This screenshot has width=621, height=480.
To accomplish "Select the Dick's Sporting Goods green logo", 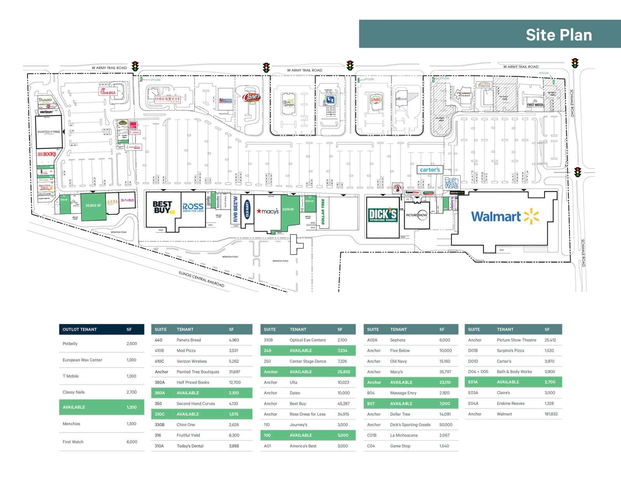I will [x=383, y=215].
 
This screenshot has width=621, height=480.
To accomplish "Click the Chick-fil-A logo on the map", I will [x=108, y=92].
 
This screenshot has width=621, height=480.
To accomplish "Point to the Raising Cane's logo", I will [x=251, y=97].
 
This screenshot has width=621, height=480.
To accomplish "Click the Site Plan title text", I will [x=559, y=35].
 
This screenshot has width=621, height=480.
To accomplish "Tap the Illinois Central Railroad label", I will [x=201, y=279].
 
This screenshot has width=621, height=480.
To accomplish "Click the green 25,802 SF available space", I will [x=93, y=205].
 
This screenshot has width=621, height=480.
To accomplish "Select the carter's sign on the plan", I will [x=430, y=170].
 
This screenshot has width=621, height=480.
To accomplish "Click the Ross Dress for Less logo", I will [x=193, y=208].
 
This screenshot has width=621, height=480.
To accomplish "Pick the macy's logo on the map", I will [x=267, y=211].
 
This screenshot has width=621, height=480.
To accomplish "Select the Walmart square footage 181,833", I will [x=551, y=414].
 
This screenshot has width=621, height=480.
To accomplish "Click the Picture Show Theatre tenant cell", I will [x=516, y=340].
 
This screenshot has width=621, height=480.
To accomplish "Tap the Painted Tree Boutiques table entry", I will [x=198, y=372].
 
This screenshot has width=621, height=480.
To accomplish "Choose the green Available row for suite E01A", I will [x=513, y=382].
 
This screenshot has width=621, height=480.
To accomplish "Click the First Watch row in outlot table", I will [x=101, y=442].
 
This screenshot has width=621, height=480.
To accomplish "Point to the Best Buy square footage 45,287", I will [x=343, y=403].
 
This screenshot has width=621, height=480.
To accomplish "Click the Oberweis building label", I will [x=168, y=99].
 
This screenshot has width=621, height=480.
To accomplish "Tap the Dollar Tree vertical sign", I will [x=323, y=212].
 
